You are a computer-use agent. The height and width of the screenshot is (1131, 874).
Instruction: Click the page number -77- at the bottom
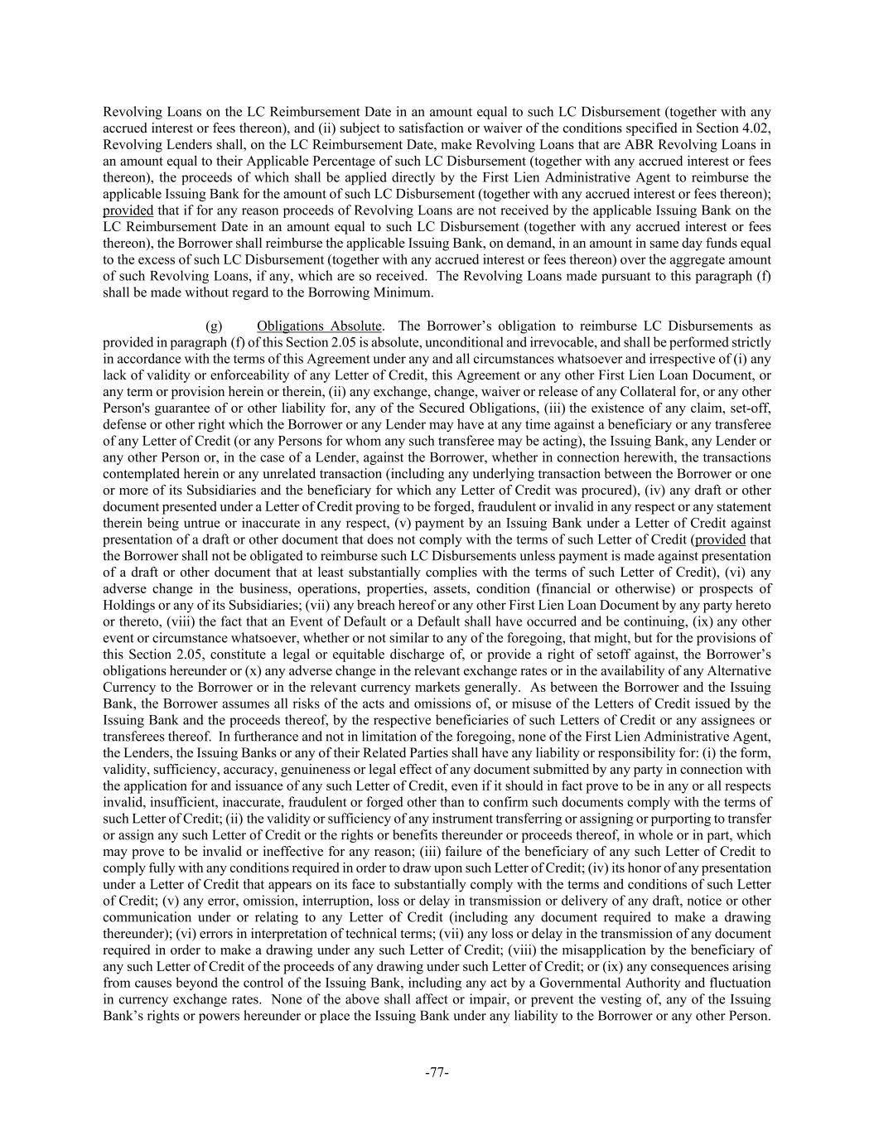437,1073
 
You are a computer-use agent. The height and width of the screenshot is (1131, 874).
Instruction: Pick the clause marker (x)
245,671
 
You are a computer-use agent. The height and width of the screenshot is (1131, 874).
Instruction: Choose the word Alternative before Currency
740,671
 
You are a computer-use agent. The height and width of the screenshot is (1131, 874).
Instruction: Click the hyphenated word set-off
746,408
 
